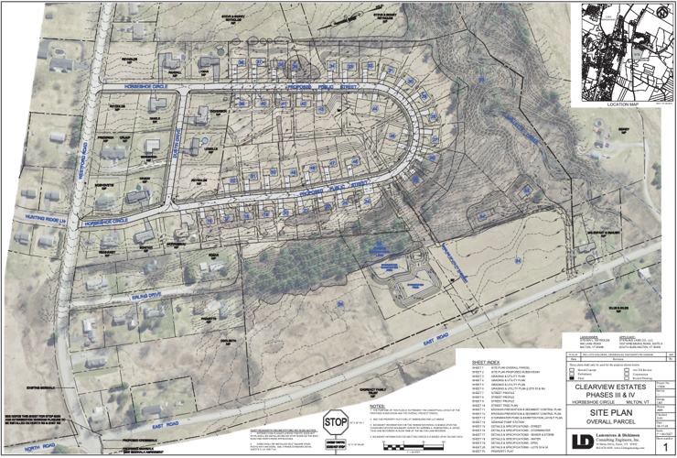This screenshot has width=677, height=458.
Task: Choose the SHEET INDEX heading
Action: point(485,362)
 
